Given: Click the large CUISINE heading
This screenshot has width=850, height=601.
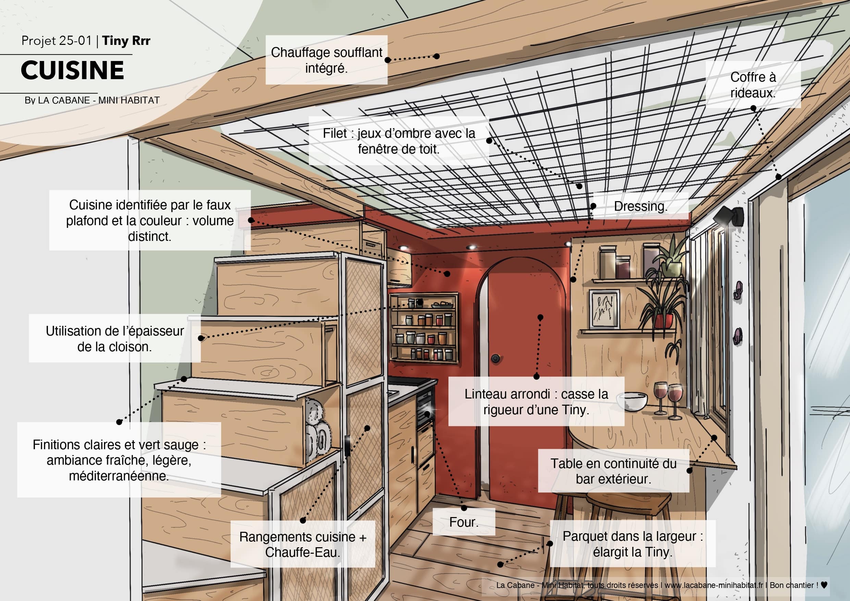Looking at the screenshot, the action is (72, 70).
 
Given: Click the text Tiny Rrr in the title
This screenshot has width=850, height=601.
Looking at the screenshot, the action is (126, 41).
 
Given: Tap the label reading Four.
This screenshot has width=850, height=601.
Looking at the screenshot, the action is (464, 522).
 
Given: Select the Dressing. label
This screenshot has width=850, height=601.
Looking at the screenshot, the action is (641, 206).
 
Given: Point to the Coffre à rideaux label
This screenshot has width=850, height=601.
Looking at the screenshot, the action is (753, 85).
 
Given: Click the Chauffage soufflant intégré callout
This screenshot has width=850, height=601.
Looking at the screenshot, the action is (327, 60).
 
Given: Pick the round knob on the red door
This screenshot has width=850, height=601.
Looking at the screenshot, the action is (496, 358).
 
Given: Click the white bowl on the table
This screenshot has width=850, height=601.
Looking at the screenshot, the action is (632, 401).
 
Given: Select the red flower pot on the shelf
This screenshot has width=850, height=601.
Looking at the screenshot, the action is (663, 321).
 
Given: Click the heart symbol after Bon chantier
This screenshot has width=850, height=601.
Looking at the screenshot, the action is (824, 585).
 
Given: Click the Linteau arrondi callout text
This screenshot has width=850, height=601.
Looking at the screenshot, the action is (536, 402).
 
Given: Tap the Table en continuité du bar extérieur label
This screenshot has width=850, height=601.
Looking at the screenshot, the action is (614, 471).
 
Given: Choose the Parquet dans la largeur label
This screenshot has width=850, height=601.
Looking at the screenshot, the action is (633, 544).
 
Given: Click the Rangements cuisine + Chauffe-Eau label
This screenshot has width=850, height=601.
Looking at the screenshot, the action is (303, 544).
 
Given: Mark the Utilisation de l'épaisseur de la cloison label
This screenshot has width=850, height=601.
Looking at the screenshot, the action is (115, 339).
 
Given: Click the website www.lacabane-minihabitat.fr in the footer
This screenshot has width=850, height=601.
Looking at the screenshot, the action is (714, 585).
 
